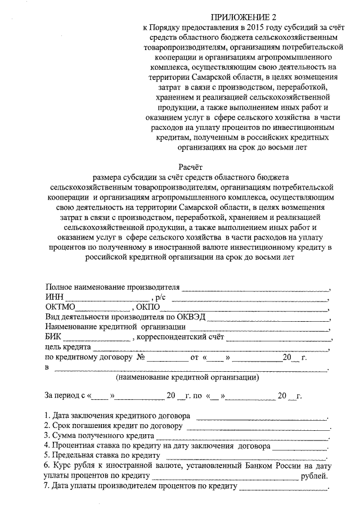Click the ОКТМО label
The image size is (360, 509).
(60, 308)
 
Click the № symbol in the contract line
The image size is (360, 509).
(142, 358)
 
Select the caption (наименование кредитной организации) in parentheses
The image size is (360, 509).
(187, 379)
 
